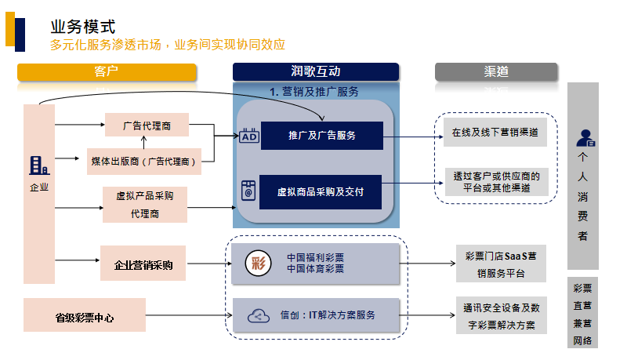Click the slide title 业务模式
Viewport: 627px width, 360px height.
pos(82,26)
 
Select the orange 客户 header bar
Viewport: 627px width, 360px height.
pos(106,71)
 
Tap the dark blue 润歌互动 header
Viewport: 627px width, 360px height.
pos(315,71)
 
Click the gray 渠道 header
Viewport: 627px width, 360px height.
pos(496,71)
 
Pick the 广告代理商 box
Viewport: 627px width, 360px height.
pos(147,125)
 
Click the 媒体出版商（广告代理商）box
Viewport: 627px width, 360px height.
pos(144,161)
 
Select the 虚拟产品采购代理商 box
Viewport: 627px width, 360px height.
pos(145,204)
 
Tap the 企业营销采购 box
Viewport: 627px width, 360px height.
pos(143,264)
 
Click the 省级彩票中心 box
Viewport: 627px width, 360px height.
pos(85,318)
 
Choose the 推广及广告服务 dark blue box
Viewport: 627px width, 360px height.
pos(321,136)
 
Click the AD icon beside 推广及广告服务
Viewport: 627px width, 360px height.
pos(248,136)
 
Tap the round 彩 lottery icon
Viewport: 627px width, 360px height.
pos(257,263)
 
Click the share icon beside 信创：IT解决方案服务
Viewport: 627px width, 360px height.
pos(257,315)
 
